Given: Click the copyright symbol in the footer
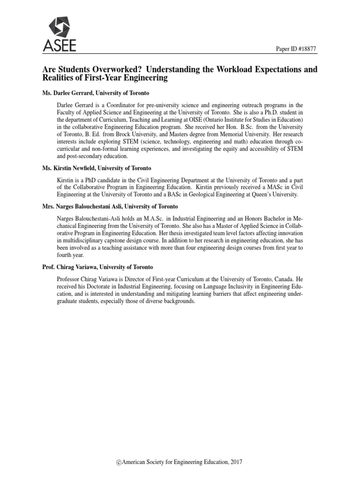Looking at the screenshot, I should [119, 462].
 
